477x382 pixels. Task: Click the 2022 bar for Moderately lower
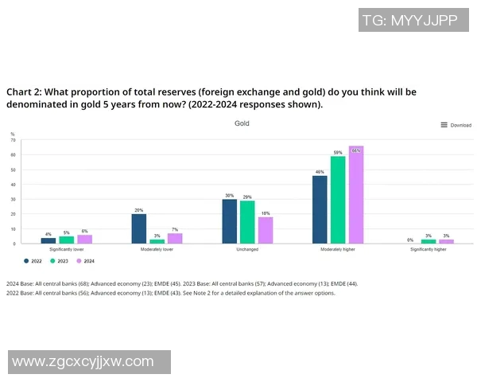(x=138, y=228)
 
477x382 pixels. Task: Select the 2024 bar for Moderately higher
(x=355, y=195)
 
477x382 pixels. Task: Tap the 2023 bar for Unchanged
(x=247, y=222)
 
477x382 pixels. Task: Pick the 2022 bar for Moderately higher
(x=320, y=209)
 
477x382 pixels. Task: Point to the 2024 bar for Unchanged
(x=265, y=230)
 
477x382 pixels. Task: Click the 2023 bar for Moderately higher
(x=338, y=200)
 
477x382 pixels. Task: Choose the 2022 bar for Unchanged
(x=229, y=221)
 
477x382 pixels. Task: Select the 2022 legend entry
(x=33, y=260)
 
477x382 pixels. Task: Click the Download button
(x=456, y=125)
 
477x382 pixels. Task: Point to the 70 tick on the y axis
(x=13, y=140)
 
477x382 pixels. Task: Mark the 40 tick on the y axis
(x=13, y=185)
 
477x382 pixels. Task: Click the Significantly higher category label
(x=428, y=249)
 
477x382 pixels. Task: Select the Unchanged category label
(x=247, y=249)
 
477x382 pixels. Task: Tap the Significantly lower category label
(x=67, y=249)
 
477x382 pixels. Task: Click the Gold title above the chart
(x=242, y=124)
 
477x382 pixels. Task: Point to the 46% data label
(x=320, y=171)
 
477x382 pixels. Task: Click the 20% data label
(x=138, y=210)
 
